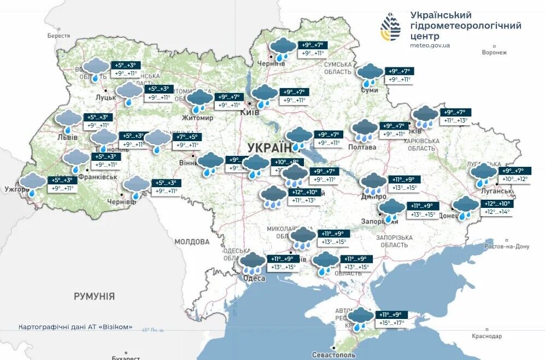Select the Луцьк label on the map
coord(106,97)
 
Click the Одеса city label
coord(254,278)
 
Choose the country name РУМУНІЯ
coord(95,297)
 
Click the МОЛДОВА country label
coord(192,241)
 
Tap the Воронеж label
coord(494,53)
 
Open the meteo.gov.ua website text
coord(430,45)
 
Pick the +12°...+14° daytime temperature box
coord(496,212)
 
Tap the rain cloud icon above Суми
coord(370,73)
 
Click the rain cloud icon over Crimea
coord(360,317)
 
